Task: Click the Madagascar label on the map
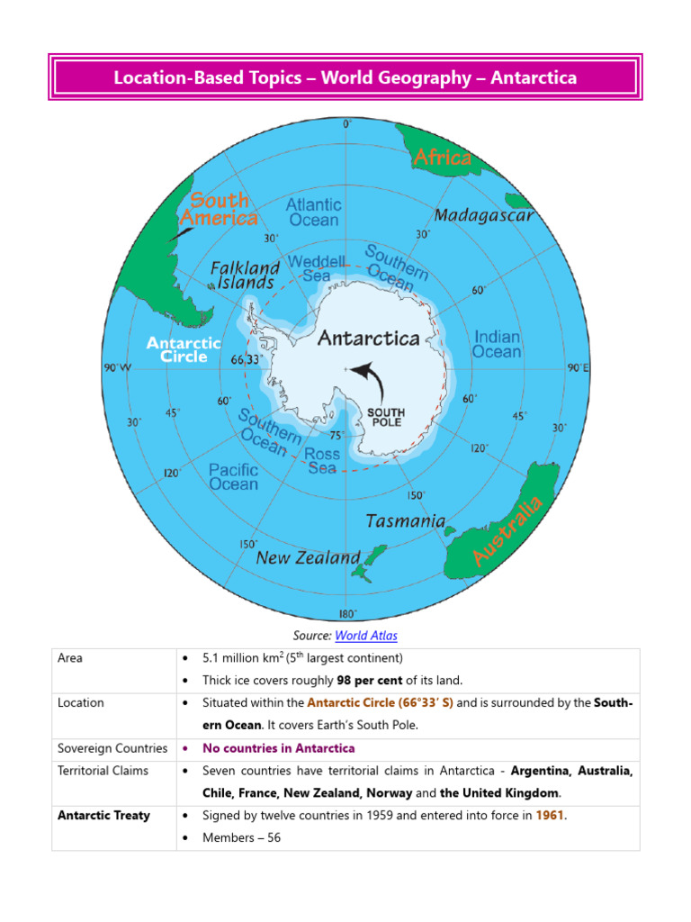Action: pos(484,215)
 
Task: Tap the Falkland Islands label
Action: pos(245,275)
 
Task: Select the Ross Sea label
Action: pos(322,461)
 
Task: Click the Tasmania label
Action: pos(406,521)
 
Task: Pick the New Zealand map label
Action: pos(308,558)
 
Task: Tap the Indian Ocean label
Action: pos(497,345)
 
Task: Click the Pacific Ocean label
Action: pos(233,476)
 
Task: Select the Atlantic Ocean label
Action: pos(313,212)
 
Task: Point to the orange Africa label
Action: pos(443,158)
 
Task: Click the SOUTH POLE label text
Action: pos(387,417)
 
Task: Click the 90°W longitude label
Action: pos(118,367)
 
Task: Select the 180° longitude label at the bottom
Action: pos(346,614)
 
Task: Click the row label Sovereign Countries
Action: pos(112,748)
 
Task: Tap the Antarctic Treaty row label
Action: pos(103,816)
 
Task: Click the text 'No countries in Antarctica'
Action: pos(279,748)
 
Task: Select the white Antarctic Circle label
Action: pos(184,349)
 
